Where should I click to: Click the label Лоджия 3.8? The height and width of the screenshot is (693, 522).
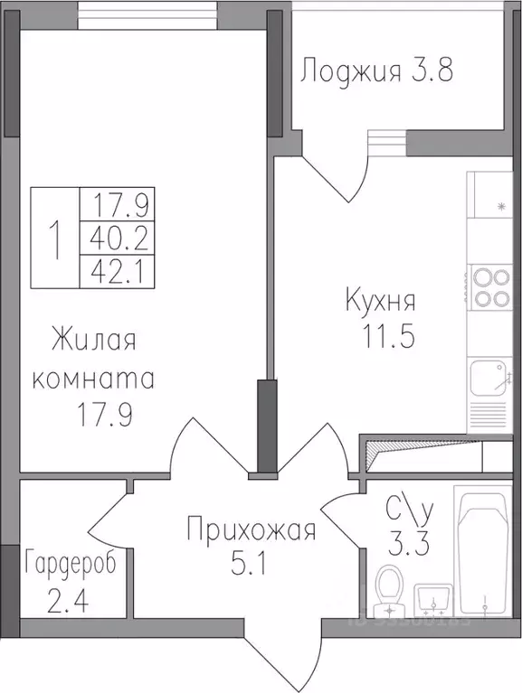click(377, 71)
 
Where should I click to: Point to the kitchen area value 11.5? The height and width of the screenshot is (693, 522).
click(388, 337)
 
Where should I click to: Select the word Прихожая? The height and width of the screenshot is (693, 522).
click(252, 529)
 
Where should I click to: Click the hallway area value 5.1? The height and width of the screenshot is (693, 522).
click(248, 562)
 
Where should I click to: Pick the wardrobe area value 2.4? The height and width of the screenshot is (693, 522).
click(68, 600)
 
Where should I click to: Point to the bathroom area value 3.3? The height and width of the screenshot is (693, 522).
click(408, 543)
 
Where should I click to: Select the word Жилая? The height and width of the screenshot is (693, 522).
click(94, 341)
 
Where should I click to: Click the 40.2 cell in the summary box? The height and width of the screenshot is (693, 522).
click(118, 238)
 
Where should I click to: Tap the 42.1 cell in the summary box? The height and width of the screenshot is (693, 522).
click(118, 271)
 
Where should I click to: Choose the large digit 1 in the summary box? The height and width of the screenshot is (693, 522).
click(55, 239)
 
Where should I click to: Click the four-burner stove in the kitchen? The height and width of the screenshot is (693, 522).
click(491, 287)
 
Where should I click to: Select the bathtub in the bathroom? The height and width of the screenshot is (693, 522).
click(484, 550)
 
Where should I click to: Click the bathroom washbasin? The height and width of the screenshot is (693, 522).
click(432, 599)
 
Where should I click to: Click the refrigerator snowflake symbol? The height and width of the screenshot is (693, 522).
click(502, 206)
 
